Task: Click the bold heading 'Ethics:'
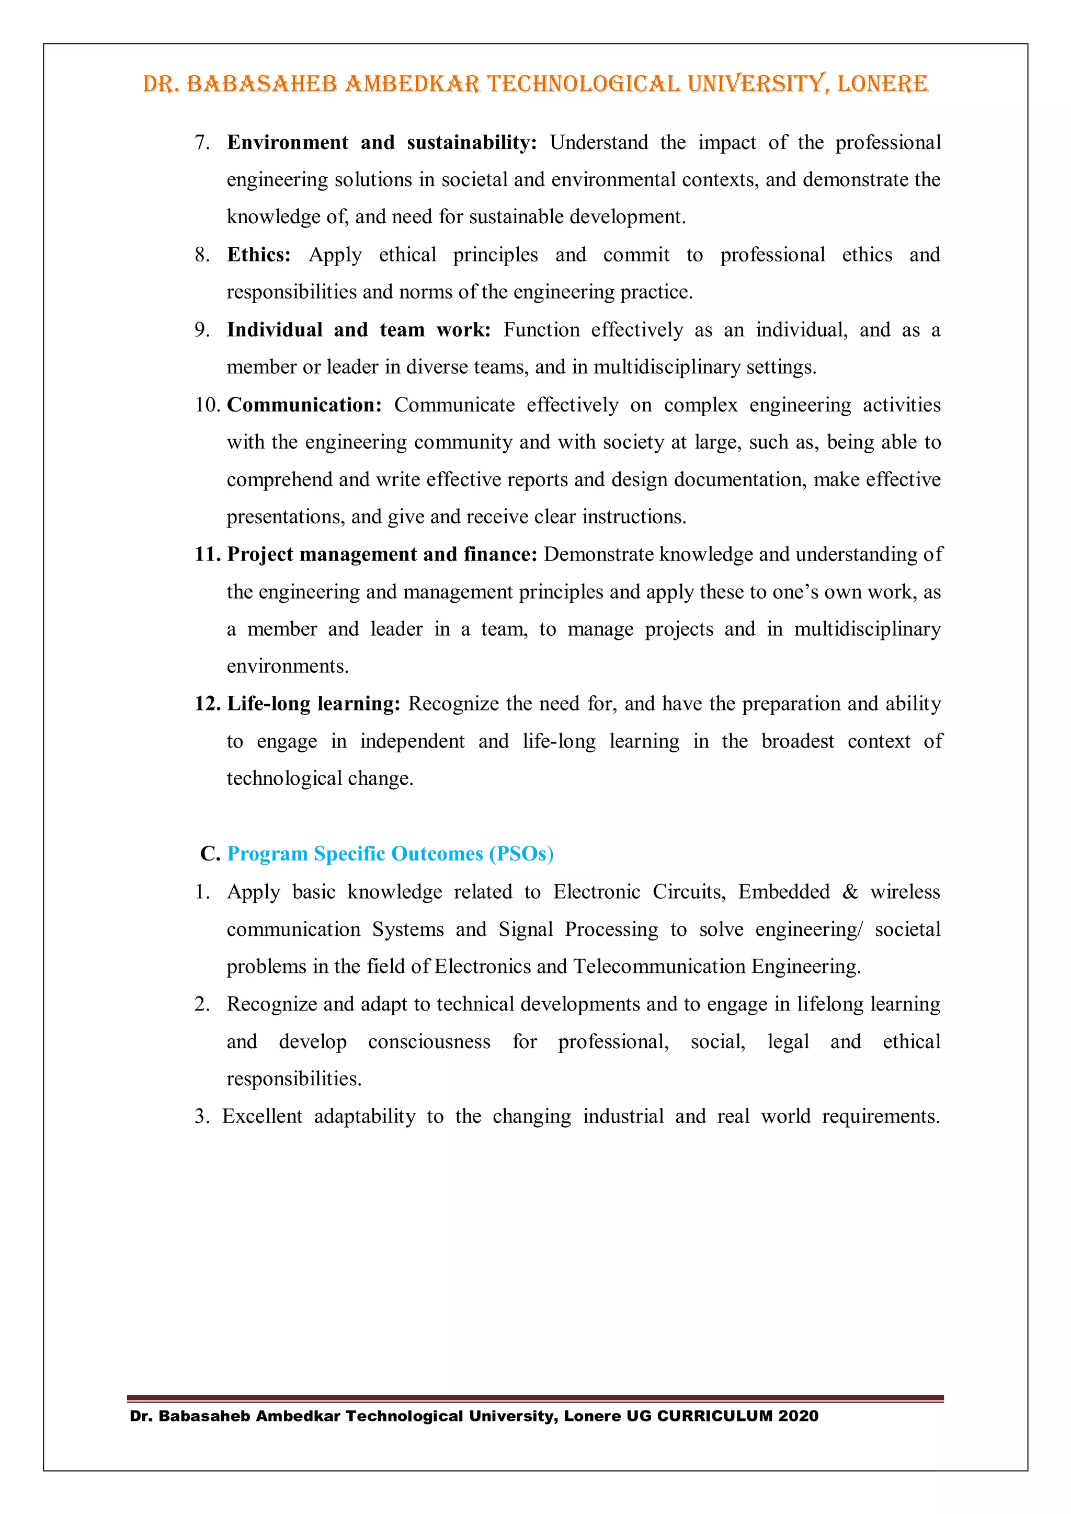point(258,255)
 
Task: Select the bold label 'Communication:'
point(304,405)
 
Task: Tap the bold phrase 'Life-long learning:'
point(313,704)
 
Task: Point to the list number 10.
point(207,405)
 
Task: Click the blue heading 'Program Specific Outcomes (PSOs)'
point(390,854)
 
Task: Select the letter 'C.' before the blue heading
point(210,854)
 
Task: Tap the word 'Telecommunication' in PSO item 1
point(660,967)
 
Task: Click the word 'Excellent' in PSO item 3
point(263,1116)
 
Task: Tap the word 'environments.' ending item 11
point(288,667)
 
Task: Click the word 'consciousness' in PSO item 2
point(429,1042)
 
